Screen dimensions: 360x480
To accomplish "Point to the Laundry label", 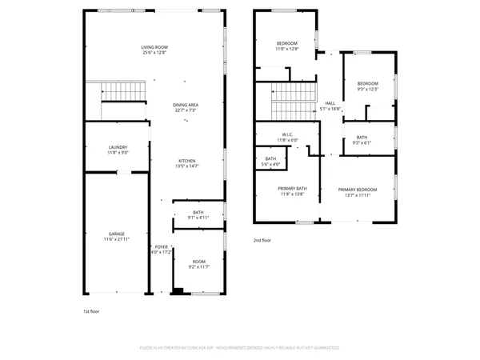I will (118, 150).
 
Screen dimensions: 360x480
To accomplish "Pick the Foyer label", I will (161, 250).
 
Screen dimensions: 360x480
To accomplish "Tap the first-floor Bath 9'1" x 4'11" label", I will (198, 214).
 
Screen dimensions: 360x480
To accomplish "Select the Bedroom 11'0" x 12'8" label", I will (287, 46).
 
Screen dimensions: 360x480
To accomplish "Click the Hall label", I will (330, 106).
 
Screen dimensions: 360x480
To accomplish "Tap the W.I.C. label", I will (287, 137).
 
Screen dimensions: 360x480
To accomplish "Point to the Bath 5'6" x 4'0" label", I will (270, 162).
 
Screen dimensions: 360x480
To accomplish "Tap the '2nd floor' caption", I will (262, 240).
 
